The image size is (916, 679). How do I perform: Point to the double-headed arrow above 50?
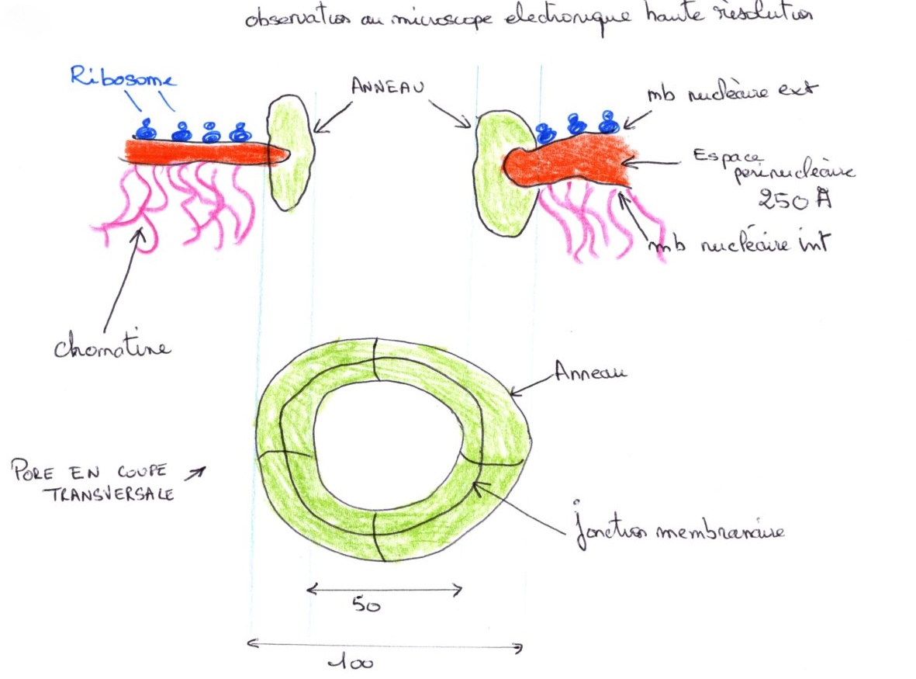(x=385, y=590)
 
